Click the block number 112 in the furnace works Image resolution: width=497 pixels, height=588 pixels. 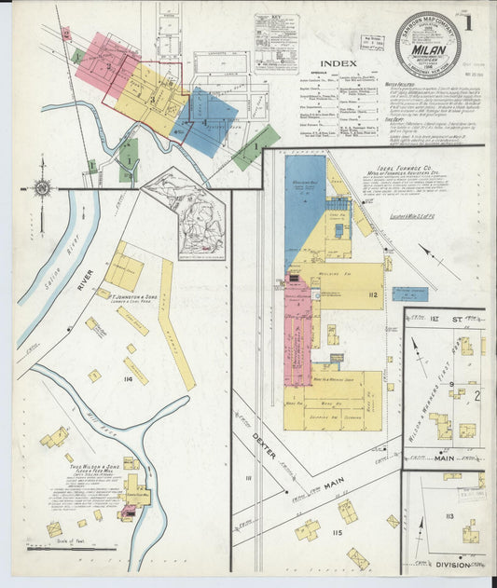[373, 296]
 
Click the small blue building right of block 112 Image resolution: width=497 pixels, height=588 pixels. [409, 294]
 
